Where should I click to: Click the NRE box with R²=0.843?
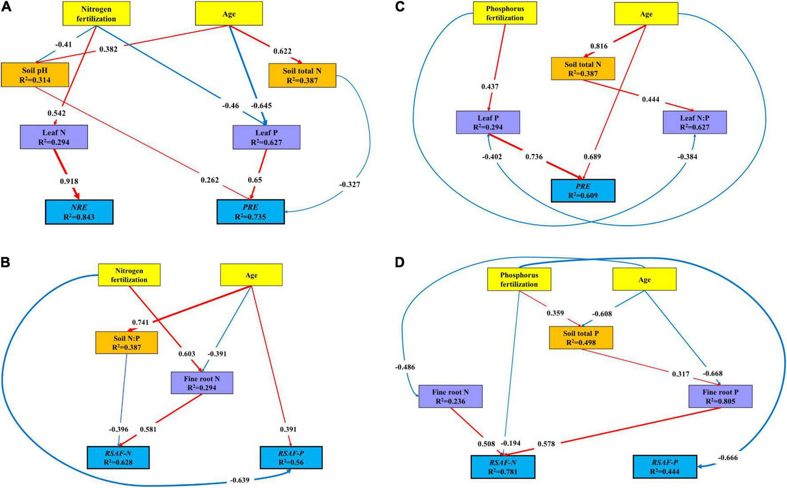click(x=79, y=212)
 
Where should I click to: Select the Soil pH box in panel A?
click(x=35, y=75)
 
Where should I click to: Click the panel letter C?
click(x=399, y=7)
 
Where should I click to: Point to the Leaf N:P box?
click(x=695, y=122)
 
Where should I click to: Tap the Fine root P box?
click(x=720, y=396)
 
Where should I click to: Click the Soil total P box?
click(x=581, y=338)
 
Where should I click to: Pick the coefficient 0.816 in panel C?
click(x=599, y=46)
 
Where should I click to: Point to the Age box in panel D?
click(x=644, y=280)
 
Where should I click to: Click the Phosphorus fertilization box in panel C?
click(x=505, y=13)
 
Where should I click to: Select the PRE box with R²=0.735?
click(x=250, y=212)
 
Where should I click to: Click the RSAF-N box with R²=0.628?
click(x=118, y=457)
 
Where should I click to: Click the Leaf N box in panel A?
click(x=54, y=137)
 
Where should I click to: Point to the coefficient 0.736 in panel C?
click(x=534, y=157)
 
